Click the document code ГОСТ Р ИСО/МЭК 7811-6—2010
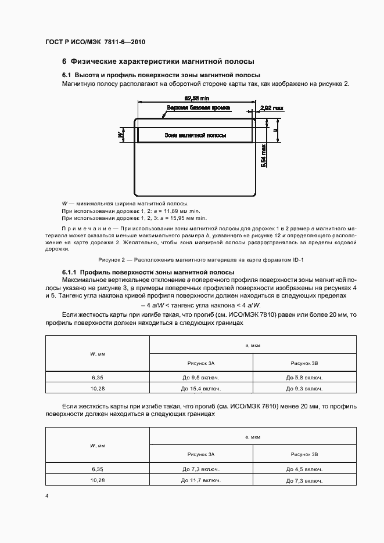(95, 42)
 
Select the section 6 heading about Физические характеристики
(158, 61)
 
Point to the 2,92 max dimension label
(272, 108)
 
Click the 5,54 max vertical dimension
(264, 155)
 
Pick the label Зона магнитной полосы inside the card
(195, 135)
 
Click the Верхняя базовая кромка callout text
(199, 108)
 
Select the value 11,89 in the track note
(161, 211)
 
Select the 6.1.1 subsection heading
(148, 272)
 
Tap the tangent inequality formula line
(200, 305)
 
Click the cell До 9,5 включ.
(201, 377)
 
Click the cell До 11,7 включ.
(201, 480)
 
